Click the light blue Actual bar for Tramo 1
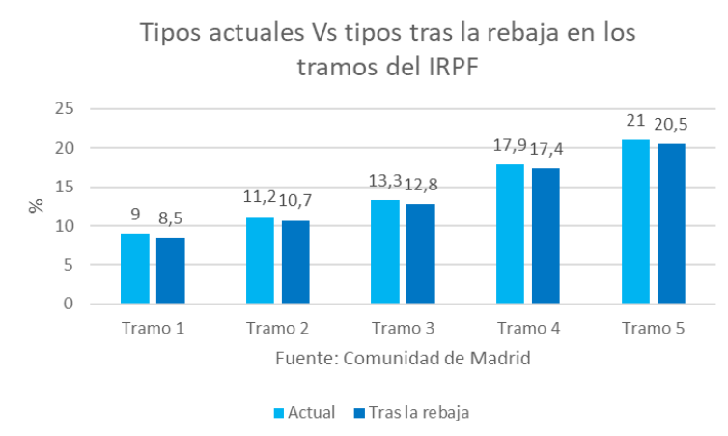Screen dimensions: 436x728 pos(135,269)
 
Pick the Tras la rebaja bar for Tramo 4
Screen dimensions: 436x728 pos(546,236)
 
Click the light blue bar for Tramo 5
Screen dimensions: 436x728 pos(636,221)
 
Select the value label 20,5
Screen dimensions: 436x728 pos(672,124)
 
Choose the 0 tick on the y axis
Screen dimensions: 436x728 pos(69,304)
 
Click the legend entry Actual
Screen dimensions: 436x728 pos(311,413)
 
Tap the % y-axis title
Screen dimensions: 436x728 pos(36,207)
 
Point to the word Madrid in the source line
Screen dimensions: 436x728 pos(498,359)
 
